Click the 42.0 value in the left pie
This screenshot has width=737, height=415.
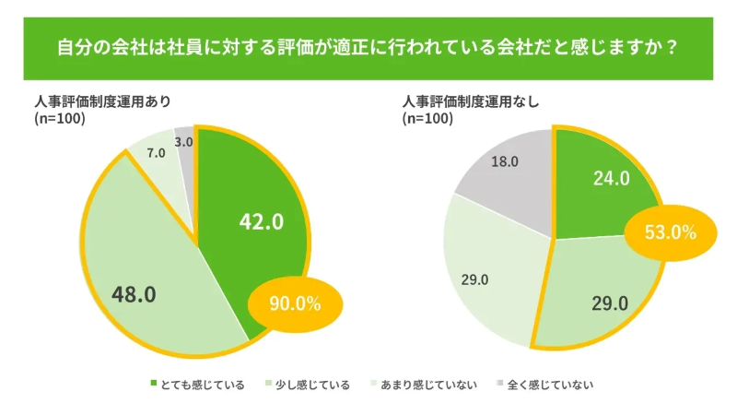[261, 221]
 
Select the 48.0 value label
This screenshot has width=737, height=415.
[134, 294]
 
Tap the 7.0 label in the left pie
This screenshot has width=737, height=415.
[156, 153]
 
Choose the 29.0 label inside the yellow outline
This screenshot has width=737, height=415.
[609, 302]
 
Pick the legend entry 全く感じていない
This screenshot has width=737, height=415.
[550, 385]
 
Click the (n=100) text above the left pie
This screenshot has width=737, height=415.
[60, 118]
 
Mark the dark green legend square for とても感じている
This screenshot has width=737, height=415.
[154, 385]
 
